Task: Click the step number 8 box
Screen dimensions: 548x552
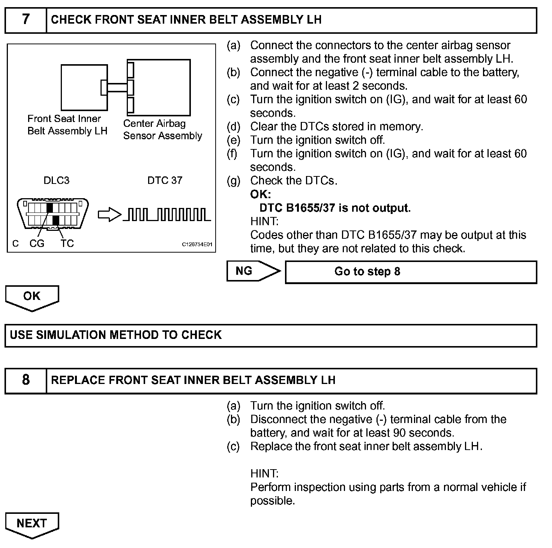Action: pyautogui.click(x=25, y=381)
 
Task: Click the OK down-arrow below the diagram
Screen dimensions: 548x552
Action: pyautogui.click(x=32, y=297)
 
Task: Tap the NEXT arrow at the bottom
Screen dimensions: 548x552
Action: pyautogui.click(x=32, y=524)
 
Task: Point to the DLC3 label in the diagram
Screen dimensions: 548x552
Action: pyautogui.click(x=56, y=181)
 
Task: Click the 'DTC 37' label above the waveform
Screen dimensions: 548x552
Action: pyautogui.click(x=165, y=181)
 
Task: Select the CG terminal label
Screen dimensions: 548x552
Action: pyautogui.click(x=37, y=244)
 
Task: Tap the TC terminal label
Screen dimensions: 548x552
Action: pyautogui.click(x=67, y=244)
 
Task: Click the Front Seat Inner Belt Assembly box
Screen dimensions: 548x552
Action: pyautogui.click(x=84, y=87)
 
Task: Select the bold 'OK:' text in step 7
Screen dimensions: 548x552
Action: pyautogui.click(x=260, y=194)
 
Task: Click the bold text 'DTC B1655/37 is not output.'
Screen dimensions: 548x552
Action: pyautogui.click(x=335, y=208)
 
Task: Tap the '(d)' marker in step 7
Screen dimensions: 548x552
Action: pyautogui.click(x=233, y=126)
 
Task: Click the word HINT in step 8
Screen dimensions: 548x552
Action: pyautogui.click(x=264, y=474)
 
